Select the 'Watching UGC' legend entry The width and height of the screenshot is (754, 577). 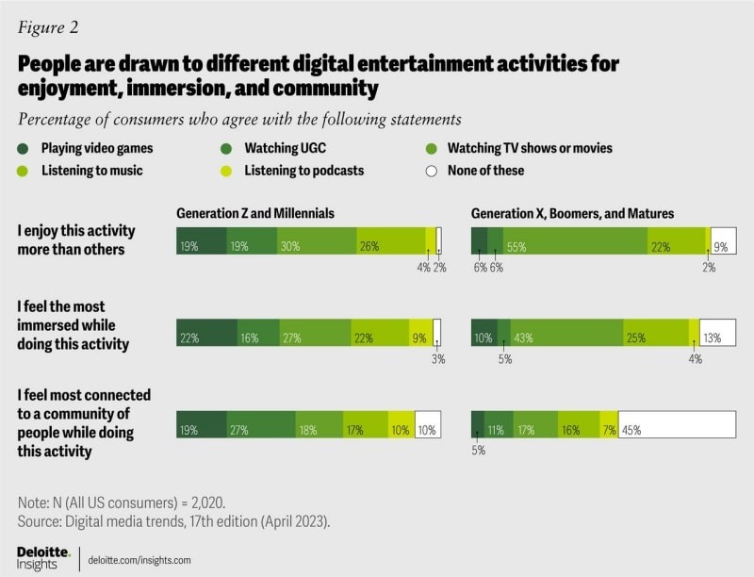(x=279, y=148)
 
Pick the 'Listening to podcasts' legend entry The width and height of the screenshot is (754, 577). (x=303, y=171)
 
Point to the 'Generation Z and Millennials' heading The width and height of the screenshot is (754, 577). (x=255, y=213)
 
